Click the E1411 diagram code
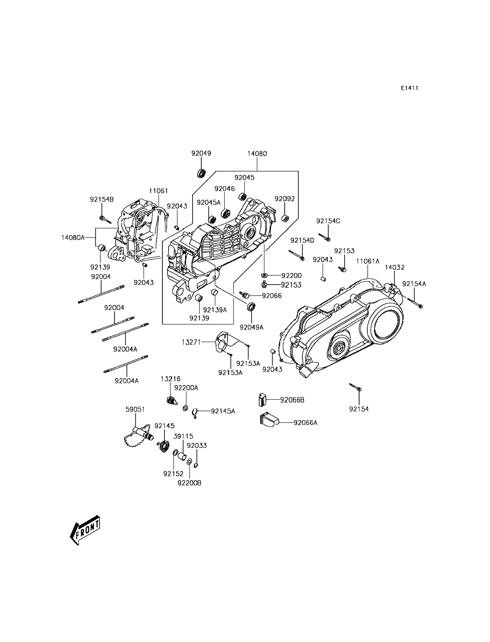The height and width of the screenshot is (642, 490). click(x=409, y=88)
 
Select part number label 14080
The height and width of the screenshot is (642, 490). click(x=257, y=154)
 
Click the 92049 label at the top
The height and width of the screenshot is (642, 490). click(x=201, y=153)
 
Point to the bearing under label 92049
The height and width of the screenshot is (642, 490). click(x=201, y=173)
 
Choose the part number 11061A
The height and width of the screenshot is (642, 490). click(x=367, y=261)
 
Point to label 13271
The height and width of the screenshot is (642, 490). click(x=191, y=342)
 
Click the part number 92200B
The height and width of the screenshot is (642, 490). click(x=189, y=483)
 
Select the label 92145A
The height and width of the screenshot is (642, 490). click(x=223, y=411)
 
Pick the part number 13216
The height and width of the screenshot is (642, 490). click(x=170, y=379)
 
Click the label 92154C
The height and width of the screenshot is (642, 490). click(x=328, y=221)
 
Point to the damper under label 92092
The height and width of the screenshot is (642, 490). click(x=285, y=218)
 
